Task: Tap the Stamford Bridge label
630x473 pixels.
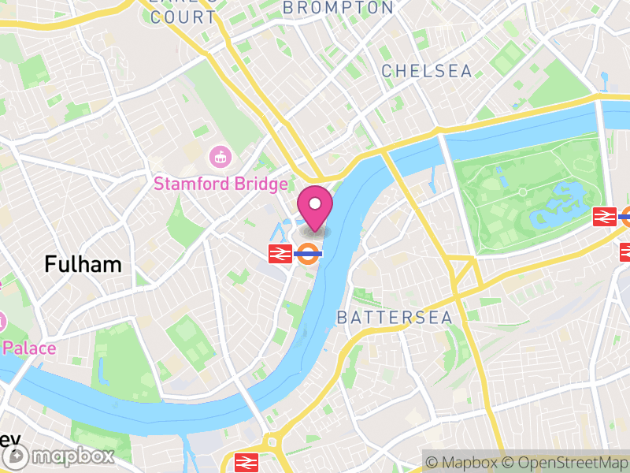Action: [x=220, y=184]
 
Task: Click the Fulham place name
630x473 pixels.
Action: [x=83, y=264]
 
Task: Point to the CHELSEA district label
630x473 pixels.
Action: [x=427, y=71]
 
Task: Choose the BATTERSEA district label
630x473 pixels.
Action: [x=395, y=318]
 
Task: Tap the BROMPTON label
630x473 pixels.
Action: [x=338, y=8]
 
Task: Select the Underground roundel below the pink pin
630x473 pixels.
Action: [x=308, y=254]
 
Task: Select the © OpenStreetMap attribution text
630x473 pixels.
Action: [x=568, y=462]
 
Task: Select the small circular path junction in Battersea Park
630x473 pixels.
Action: [x=521, y=192]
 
